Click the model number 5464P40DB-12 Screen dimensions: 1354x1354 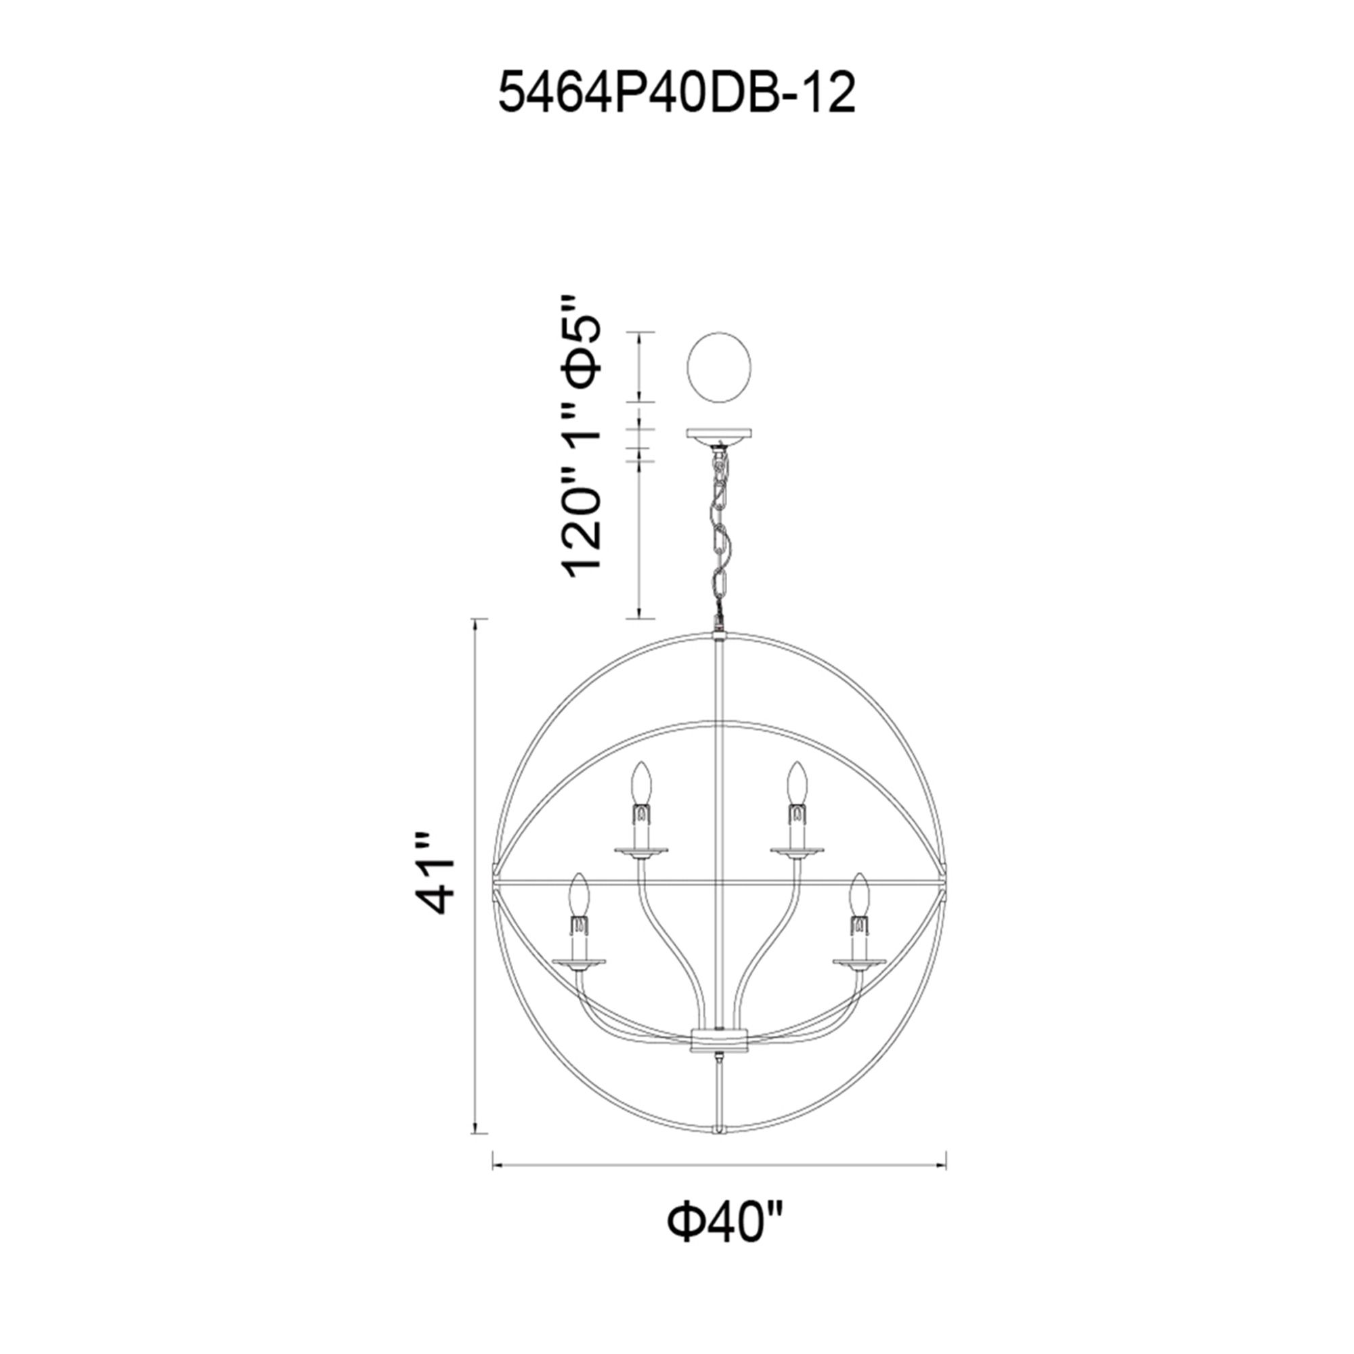[x=676, y=95]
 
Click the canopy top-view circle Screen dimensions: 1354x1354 [x=719, y=367]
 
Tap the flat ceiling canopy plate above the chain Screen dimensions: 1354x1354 [x=719, y=434]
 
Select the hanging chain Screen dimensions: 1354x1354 [x=720, y=533]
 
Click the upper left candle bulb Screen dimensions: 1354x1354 [x=639, y=785]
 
